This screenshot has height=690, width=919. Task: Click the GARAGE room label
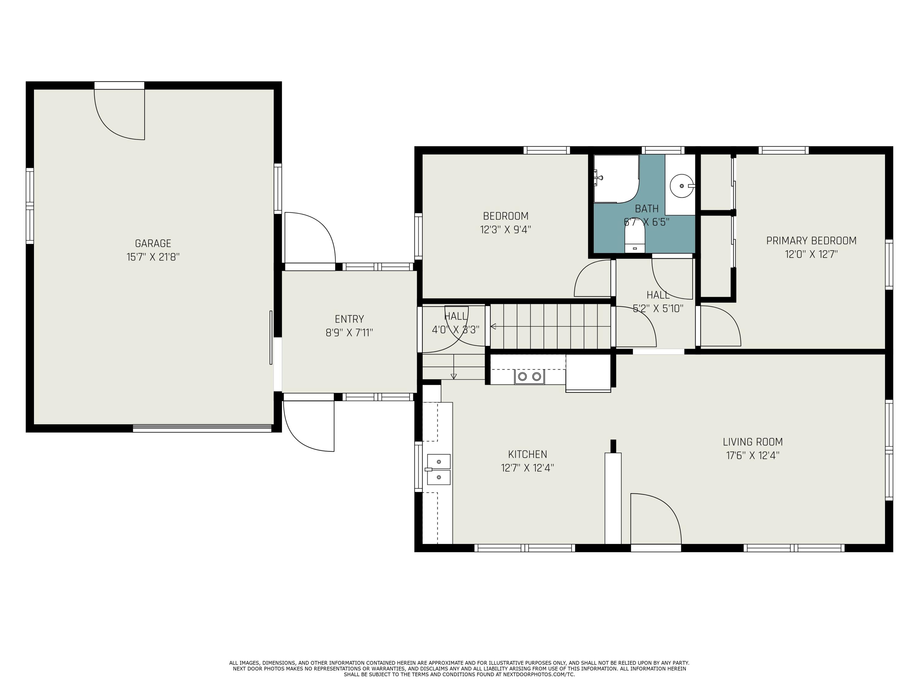pos(153,243)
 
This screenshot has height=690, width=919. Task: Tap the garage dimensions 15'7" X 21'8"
pos(153,257)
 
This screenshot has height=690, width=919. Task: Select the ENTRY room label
pos(349,319)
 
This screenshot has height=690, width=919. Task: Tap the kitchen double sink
pos(438,469)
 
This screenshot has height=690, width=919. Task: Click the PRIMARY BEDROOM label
pos(811,240)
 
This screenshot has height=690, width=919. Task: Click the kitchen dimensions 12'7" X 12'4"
pos(527,468)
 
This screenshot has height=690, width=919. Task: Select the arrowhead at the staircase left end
pos(493,327)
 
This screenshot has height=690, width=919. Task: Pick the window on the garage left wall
pos(29,206)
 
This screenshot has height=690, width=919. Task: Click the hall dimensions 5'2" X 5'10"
pos(658,309)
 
